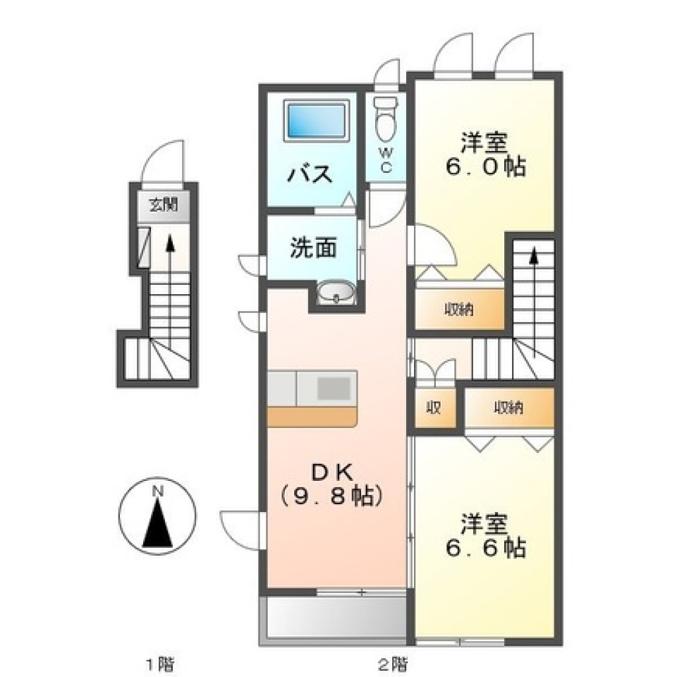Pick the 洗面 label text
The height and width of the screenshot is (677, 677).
pos(313,248)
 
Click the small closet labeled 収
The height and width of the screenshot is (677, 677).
pos(433,408)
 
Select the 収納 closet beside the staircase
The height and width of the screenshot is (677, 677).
pos(459,309)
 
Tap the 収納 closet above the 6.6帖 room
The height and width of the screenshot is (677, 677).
pos(508,408)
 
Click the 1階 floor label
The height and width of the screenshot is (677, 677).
pos(159,663)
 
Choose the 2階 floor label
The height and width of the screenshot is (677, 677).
pos(391,663)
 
